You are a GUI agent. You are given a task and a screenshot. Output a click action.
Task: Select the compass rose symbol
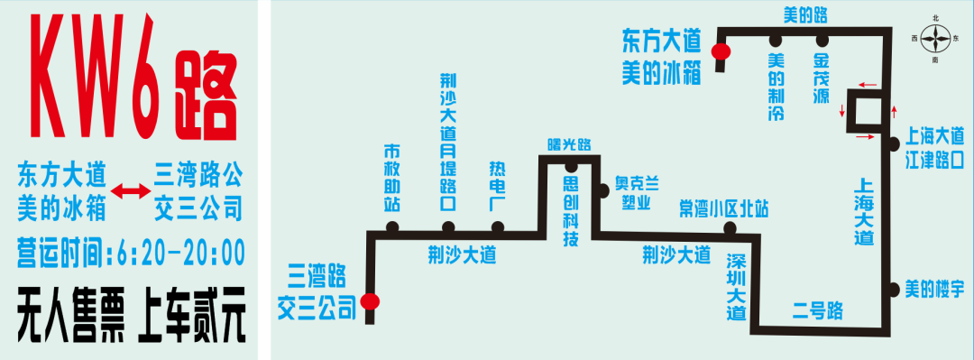tap(936, 38)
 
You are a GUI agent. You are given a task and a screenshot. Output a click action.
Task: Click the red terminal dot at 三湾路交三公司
tap(369, 302)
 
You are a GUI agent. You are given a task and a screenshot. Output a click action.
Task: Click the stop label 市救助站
tap(391, 177)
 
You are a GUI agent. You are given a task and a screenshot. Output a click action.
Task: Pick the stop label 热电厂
tap(497, 186)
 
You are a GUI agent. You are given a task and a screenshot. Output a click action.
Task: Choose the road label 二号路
tap(818, 311)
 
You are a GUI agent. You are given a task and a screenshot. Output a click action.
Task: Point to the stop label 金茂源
tap(821, 79)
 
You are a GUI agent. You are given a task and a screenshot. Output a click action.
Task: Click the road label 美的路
tap(804, 14)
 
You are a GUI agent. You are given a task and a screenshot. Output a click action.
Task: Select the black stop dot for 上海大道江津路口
tap(892, 143)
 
